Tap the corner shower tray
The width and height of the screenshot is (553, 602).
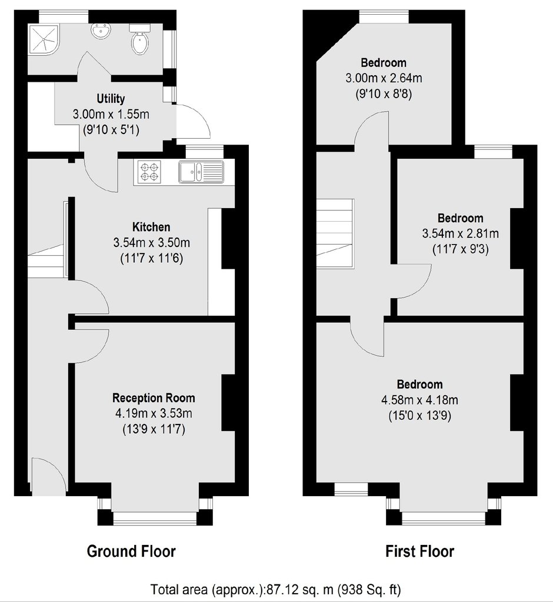44,39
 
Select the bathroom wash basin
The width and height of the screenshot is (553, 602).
101,30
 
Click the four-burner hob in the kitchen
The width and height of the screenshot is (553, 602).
149,172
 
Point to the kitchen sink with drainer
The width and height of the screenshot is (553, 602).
201,172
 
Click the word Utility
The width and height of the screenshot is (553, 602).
111,99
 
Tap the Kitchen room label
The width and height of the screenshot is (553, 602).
151,227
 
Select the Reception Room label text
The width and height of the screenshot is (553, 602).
154,398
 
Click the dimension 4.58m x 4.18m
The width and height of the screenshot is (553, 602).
419,400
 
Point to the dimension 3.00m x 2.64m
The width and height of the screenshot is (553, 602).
384,78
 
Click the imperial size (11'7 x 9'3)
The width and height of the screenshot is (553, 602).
461,249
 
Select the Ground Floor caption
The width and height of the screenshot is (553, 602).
131,551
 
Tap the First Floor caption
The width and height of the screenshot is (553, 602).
419,551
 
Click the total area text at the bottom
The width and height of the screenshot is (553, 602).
275,589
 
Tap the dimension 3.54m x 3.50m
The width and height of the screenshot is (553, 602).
151,243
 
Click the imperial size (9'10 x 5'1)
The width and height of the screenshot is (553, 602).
111,130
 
